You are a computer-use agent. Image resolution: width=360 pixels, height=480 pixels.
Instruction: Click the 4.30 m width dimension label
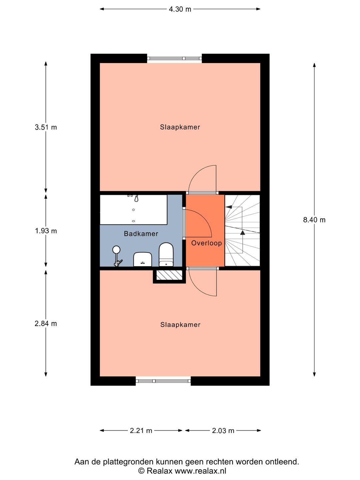pyautogui.click(x=180, y=9)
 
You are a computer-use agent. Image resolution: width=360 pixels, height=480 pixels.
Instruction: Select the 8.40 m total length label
pyautogui.click(x=314, y=220)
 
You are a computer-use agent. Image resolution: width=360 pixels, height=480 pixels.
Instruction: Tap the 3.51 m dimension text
pyautogui.click(x=46, y=127)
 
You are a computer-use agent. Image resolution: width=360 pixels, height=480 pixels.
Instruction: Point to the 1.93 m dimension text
pyautogui.click(x=46, y=231)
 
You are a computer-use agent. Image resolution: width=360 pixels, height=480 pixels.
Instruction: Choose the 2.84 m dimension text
pyautogui.click(x=46, y=323)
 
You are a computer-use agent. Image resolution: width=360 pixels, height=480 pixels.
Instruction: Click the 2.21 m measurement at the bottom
pyautogui.click(x=141, y=431)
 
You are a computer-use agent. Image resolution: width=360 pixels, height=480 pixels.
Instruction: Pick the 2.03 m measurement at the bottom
pyautogui.click(x=223, y=431)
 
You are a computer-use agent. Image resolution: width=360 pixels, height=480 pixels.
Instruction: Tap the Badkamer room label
pyautogui.click(x=141, y=234)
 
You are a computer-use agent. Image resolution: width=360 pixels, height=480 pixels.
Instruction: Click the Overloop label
pyautogui.click(x=207, y=243)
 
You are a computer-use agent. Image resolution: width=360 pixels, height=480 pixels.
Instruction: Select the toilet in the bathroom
pyautogui.click(x=166, y=254)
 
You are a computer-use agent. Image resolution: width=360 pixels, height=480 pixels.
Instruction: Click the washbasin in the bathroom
pyautogui.click(x=143, y=259)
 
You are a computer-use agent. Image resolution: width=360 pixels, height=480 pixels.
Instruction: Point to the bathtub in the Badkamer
pyautogui.click(x=133, y=209)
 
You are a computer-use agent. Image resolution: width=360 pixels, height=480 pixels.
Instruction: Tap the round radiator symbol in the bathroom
pyautogui.click(x=116, y=249)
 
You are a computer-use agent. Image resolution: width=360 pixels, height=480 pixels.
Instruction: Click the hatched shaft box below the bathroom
pyautogui.click(x=169, y=275)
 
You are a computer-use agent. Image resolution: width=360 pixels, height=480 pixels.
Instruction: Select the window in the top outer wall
pyautogui.click(x=174, y=58)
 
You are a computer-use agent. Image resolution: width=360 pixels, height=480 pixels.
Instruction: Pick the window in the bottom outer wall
pyautogui.click(x=163, y=381)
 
